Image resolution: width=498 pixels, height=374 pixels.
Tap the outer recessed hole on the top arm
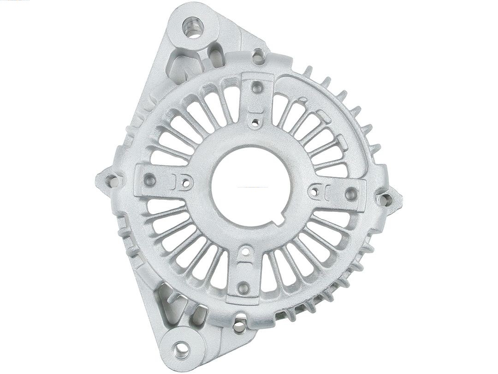tap(257, 86)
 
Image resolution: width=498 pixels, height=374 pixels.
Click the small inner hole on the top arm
tap(254, 122)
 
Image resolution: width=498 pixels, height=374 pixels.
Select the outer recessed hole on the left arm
tap(150, 181)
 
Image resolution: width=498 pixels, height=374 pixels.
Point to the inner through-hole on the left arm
tap(186, 183)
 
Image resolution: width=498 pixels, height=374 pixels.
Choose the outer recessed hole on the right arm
tap(351, 193)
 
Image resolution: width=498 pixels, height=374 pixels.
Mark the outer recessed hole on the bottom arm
tap(244, 288)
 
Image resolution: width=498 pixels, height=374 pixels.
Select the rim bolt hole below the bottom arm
tap(239, 327)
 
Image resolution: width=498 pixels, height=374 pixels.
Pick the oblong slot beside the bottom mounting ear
tap(199, 315)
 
